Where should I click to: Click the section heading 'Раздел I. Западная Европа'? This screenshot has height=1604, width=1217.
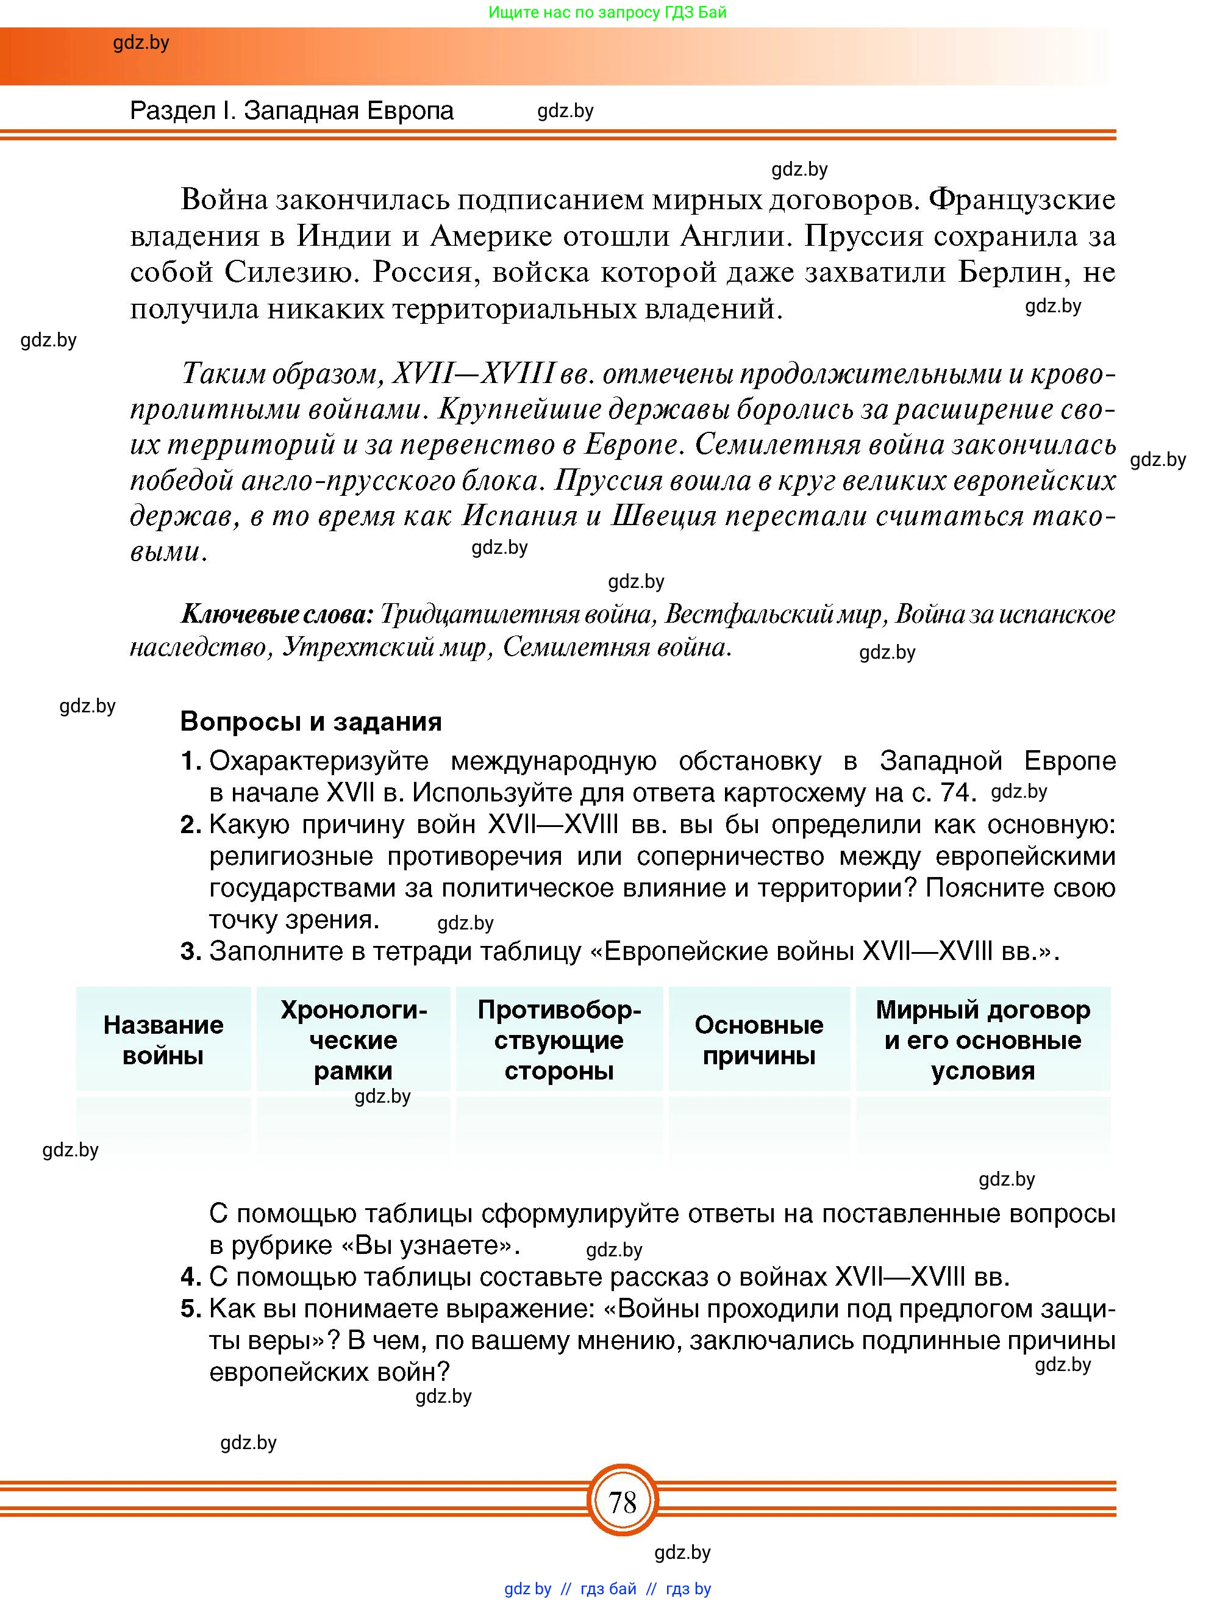(291, 110)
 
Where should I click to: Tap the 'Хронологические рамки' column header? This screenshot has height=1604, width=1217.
(354, 1040)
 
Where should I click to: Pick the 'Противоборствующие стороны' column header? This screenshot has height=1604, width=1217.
(559, 1040)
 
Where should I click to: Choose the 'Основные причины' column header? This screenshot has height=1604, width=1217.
(759, 1040)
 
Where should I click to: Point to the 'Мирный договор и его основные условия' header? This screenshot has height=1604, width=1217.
(982, 1040)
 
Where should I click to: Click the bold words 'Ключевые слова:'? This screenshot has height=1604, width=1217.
(276, 614)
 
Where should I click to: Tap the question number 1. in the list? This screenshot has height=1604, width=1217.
(191, 761)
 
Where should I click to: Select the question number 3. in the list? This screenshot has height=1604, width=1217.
(191, 951)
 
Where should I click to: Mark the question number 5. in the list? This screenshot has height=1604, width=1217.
(191, 1309)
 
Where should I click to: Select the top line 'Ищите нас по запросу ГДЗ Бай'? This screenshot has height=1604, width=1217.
(607, 12)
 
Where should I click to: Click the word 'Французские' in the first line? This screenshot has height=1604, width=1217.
(1021, 199)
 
